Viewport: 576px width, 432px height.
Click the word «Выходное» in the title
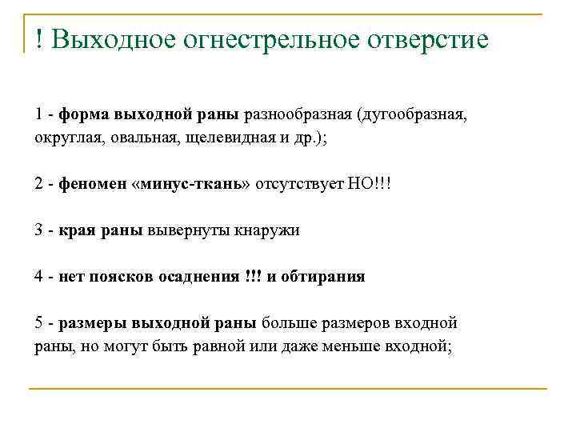pos(114,40)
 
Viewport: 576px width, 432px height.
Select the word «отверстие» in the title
pos(419,40)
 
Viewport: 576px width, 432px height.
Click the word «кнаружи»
pos(266,230)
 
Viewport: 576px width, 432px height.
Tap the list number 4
pos(39,277)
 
